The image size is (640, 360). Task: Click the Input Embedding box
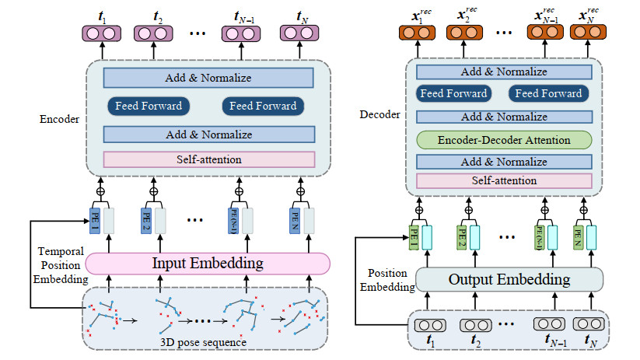click(x=206, y=264)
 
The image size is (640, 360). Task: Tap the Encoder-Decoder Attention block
click(x=503, y=141)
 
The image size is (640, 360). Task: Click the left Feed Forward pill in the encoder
click(x=149, y=107)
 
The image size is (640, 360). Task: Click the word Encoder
click(x=58, y=120)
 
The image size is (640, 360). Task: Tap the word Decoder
click(x=380, y=114)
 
